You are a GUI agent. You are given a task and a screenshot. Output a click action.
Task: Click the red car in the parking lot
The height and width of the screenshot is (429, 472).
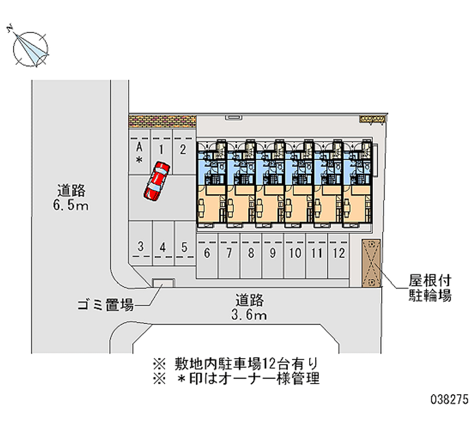tap(156, 181)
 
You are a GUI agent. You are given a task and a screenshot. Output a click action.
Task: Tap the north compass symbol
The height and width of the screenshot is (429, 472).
tap(29, 48)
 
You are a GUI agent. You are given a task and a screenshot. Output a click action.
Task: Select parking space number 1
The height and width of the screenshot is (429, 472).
tap(161, 152)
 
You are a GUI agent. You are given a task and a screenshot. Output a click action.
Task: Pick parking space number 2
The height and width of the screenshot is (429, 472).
tap(183, 152)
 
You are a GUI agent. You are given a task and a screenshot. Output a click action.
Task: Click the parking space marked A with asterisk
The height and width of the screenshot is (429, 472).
tap(139, 152)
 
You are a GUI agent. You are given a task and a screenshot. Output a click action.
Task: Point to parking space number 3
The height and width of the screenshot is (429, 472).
tap(141, 243)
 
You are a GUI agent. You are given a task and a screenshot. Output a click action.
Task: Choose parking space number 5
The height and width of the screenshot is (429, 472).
tap(185, 243)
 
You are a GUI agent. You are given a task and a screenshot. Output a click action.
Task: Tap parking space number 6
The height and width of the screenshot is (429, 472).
tap(207, 256)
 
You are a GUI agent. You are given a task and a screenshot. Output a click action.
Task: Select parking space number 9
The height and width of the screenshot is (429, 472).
tap(273, 256)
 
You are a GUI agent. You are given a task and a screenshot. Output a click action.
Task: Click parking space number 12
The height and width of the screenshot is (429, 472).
tap(339, 256)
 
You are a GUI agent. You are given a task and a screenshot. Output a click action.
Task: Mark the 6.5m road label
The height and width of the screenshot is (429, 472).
tap(71, 198)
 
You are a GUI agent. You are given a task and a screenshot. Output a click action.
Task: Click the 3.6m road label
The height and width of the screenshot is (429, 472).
tap(249, 307)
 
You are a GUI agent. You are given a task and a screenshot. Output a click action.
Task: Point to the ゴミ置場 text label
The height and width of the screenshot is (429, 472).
tap(106, 305)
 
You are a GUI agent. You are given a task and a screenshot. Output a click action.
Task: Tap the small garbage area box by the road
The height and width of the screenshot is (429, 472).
tap(163, 283)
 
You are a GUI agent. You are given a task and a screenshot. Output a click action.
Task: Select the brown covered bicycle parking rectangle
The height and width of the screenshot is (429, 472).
tap(371, 263)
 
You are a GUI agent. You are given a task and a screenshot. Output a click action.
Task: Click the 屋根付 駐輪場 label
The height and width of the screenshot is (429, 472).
tap(430, 288)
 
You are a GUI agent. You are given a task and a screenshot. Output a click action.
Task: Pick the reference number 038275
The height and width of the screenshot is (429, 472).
tap(450, 399)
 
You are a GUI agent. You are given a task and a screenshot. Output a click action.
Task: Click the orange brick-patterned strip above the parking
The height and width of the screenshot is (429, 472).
tap(163, 122)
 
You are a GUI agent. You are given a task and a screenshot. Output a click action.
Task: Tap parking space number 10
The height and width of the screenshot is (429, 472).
tap(294, 256)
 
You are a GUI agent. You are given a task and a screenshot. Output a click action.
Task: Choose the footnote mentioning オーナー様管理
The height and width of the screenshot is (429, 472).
tap(237, 379)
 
